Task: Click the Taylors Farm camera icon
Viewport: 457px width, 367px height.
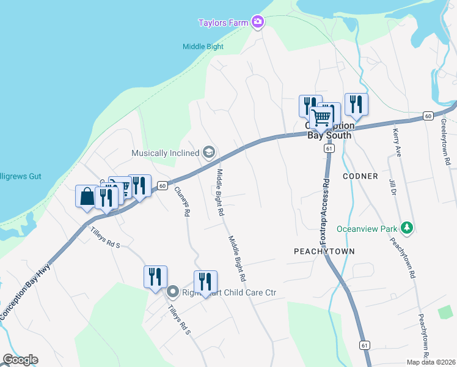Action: pyautogui.click(x=258, y=23)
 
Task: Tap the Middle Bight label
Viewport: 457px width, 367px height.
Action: pyautogui.click(x=203, y=46)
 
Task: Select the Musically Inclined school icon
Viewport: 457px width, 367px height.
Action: pyautogui.click(x=209, y=153)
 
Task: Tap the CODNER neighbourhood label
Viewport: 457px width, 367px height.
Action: pyautogui.click(x=360, y=176)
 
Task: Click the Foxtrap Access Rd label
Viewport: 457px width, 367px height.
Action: pyautogui.click(x=324, y=212)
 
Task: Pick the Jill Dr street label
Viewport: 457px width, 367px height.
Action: pyautogui.click(x=392, y=188)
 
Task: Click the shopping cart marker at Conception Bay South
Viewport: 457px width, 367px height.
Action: pyautogui.click(x=322, y=117)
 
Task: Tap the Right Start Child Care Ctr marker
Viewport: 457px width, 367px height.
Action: pyautogui.click(x=173, y=292)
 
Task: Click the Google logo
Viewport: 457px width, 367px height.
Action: pyautogui.click(x=20, y=360)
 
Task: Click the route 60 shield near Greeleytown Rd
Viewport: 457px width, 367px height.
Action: pyautogui.click(x=428, y=116)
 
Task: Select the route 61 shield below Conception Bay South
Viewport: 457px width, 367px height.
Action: pyautogui.click(x=329, y=149)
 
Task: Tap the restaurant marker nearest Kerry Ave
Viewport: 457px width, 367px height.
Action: pyautogui.click(x=356, y=104)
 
